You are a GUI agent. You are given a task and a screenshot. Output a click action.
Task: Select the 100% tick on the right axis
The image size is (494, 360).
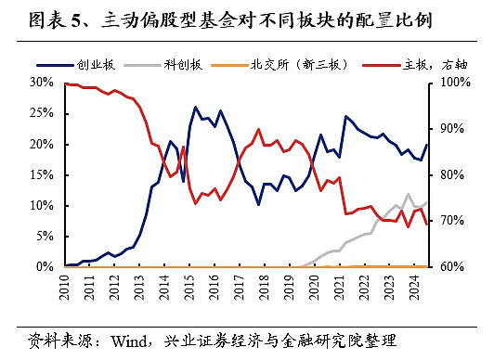[x=446, y=83]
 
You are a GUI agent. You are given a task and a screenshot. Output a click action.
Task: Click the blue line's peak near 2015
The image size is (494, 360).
[x=196, y=107]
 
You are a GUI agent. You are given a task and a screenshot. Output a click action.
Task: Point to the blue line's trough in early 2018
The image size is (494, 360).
[x=259, y=204]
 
